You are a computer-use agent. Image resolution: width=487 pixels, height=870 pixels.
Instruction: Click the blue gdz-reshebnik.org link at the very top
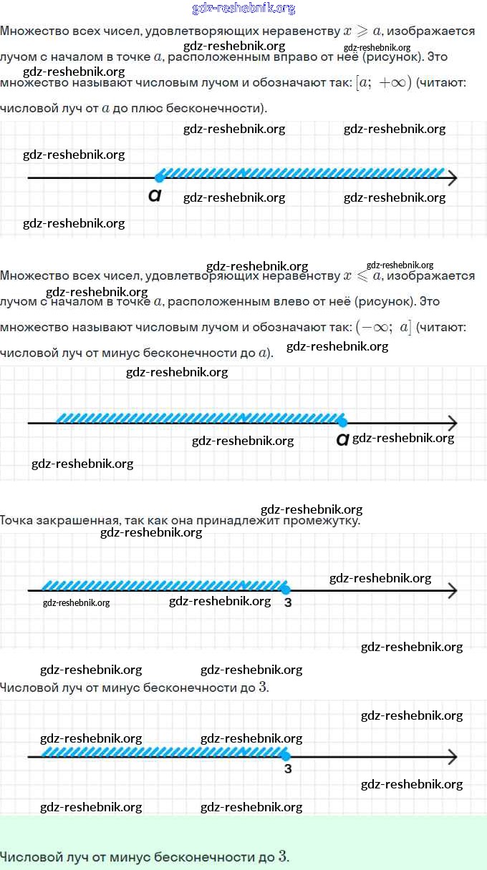tap(243, 9)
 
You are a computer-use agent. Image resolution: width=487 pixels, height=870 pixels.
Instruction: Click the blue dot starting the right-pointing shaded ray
tap(159, 177)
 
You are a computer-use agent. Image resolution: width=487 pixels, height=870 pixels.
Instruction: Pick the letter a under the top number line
tap(154, 195)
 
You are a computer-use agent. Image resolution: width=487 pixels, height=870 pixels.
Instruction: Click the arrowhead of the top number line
tap(452, 178)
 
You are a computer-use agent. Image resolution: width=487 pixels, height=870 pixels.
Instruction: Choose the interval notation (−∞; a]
tap(383, 328)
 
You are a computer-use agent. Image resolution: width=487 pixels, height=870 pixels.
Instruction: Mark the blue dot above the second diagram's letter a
tap(342, 422)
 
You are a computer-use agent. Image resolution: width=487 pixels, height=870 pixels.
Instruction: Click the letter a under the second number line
tap(342, 440)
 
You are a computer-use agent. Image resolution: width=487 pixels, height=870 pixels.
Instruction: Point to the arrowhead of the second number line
tap(452, 423)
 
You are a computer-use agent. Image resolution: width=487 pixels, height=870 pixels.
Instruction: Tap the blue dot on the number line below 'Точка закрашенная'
tap(285, 590)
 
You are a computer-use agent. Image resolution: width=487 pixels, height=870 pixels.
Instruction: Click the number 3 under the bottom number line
tap(288, 770)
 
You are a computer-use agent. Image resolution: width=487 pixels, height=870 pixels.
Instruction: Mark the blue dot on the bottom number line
tap(285, 756)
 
